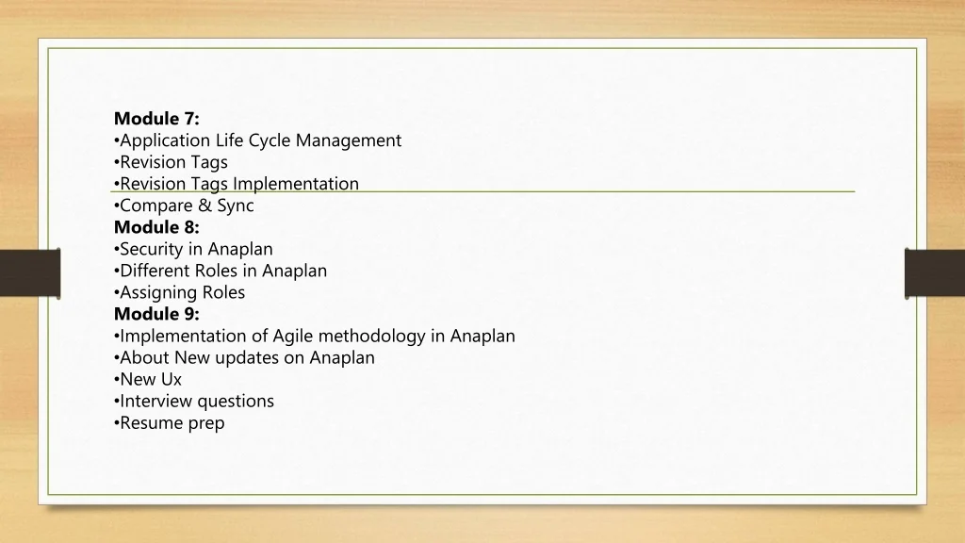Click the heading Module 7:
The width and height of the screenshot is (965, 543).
156,119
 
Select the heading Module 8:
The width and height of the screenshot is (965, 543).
156,227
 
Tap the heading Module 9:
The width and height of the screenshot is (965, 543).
156,314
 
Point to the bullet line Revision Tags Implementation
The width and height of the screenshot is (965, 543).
238,184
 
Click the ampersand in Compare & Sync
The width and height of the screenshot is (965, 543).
204,206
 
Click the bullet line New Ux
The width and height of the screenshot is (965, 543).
150,379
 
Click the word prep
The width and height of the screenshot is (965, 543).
206,423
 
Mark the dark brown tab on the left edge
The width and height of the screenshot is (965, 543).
29,272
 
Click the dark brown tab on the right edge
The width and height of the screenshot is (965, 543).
934,272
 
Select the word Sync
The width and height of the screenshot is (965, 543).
235,206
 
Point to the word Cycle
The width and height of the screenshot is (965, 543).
270,140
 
